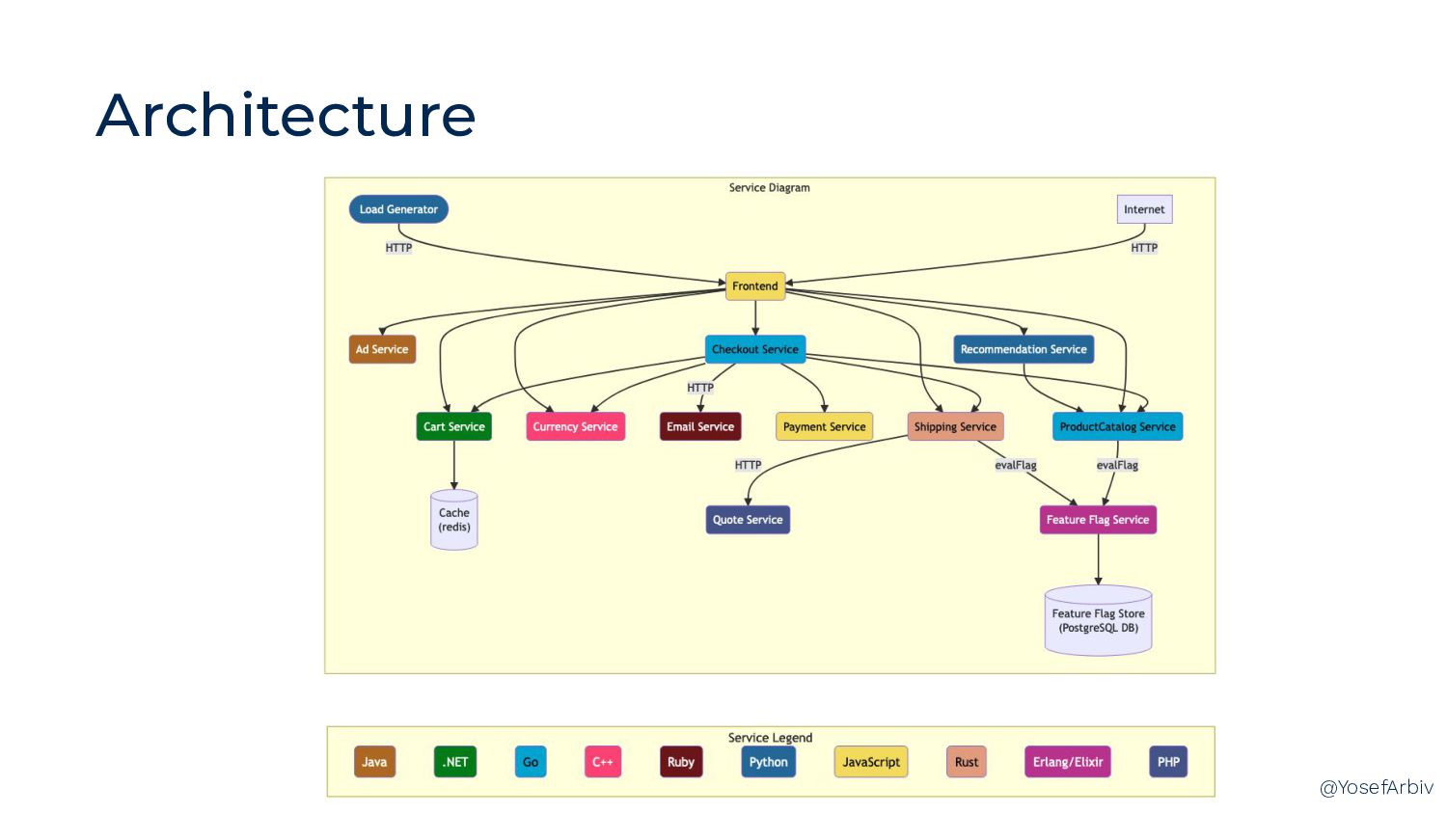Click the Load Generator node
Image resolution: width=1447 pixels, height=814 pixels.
click(x=398, y=209)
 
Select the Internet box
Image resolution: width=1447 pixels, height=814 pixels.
click(x=1144, y=209)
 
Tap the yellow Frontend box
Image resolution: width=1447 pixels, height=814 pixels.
click(x=755, y=286)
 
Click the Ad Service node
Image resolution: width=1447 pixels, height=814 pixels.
click(x=382, y=349)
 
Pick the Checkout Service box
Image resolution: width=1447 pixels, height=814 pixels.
click(x=755, y=349)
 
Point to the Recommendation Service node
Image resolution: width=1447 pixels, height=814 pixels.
click(x=1024, y=349)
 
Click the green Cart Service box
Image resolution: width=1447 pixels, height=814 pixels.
click(x=453, y=426)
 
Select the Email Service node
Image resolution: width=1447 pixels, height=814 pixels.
click(x=700, y=426)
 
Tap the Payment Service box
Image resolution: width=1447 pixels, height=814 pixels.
click(x=824, y=426)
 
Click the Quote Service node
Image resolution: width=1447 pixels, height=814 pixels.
click(x=748, y=520)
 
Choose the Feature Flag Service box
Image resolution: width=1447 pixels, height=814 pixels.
click(x=1098, y=520)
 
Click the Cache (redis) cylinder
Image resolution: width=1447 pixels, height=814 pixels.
click(x=454, y=520)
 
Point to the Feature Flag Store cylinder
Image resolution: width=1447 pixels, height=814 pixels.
click(x=1098, y=620)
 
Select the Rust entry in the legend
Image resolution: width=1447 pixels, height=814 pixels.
click(x=967, y=762)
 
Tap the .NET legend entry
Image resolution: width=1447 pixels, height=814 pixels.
click(x=455, y=762)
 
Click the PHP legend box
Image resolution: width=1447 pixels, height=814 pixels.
click(x=1168, y=762)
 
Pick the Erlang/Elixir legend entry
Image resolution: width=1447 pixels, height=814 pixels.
click(x=1068, y=762)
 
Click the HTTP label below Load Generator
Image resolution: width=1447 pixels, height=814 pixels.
click(x=398, y=248)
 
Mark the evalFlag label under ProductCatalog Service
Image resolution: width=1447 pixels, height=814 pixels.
click(x=1117, y=465)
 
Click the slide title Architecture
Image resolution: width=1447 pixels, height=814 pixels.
click(x=286, y=116)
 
